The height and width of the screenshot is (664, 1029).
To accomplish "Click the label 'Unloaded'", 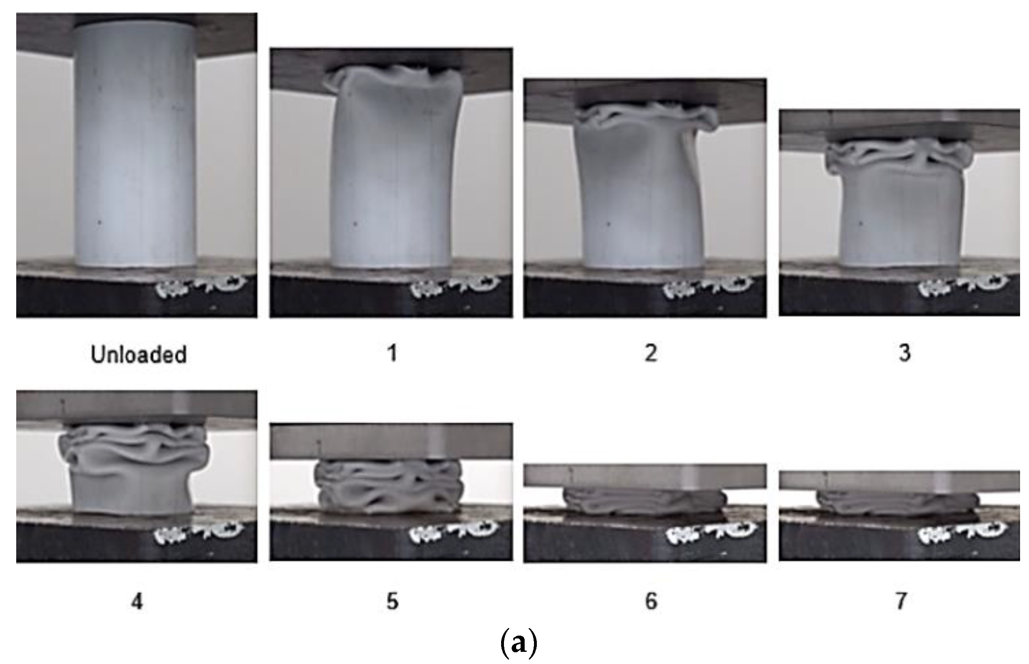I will click(x=138, y=355).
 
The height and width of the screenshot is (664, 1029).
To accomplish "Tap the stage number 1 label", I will click(x=392, y=354).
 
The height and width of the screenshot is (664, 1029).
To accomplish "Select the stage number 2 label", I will click(x=651, y=353).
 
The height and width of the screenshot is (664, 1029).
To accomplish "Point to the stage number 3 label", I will click(x=904, y=353).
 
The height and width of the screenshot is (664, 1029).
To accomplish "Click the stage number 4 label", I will click(x=137, y=601).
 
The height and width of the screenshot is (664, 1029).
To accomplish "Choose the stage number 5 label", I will click(x=392, y=601).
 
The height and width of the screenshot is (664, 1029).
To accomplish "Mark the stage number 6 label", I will click(x=651, y=601).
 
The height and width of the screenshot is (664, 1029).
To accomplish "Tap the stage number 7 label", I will click(x=901, y=601).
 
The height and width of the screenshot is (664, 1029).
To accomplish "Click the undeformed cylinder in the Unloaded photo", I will click(x=135, y=142).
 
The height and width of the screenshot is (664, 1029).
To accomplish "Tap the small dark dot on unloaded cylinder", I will click(x=100, y=223).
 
